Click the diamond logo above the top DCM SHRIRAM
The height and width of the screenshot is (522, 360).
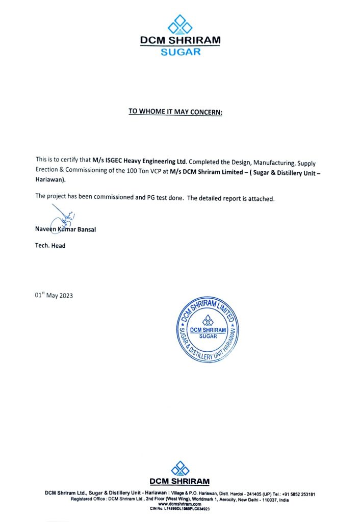click(x=179, y=24)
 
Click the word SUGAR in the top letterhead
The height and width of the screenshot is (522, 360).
click(x=181, y=51)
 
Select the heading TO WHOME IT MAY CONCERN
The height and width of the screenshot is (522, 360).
click(x=175, y=112)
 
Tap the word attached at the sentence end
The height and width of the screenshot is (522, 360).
click(x=262, y=199)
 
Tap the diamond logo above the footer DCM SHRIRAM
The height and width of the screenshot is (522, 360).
click(x=179, y=468)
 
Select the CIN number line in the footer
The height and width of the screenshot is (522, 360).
click(x=180, y=509)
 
